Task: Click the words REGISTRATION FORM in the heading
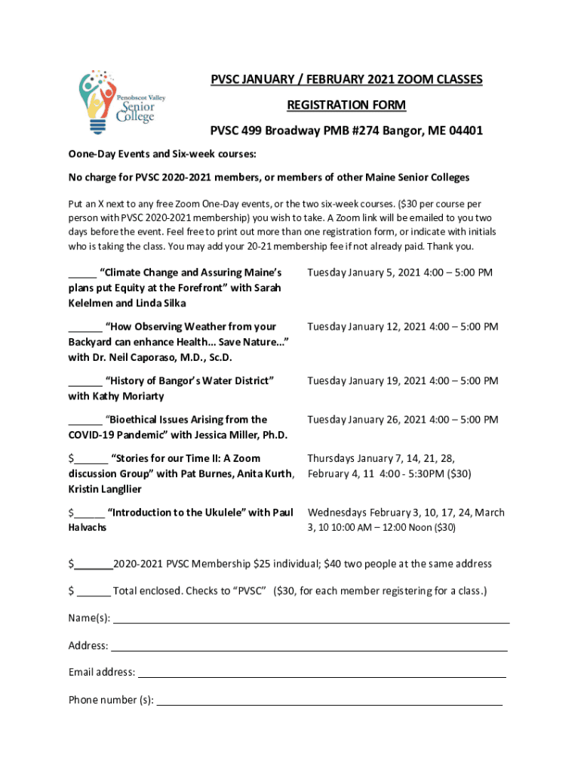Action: coord(346,105)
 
